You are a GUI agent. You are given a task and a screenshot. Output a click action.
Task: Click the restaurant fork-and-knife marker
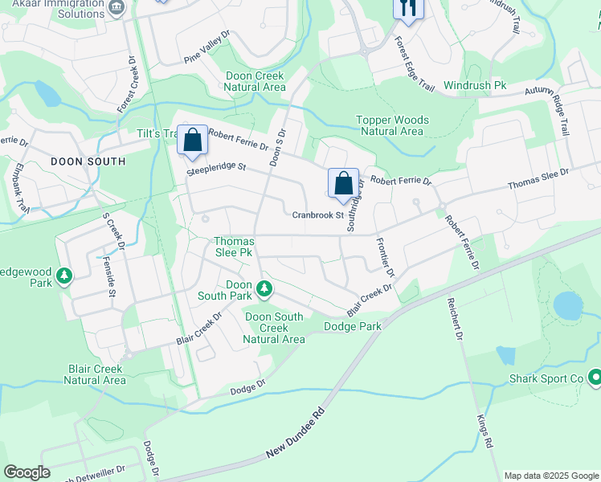(x=408, y=8)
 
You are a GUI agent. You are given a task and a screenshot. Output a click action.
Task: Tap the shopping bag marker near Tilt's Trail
(x=193, y=140)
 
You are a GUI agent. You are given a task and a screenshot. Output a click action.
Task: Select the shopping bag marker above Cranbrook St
(x=343, y=183)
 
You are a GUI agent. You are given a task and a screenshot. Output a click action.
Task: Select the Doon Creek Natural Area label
(x=255, y=81)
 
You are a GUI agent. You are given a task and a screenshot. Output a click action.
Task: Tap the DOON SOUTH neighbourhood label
(x=88, y=161)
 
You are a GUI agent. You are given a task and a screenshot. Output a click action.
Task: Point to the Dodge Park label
(x=352, y=326)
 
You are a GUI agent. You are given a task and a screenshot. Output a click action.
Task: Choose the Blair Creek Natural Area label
(x=96, y=374)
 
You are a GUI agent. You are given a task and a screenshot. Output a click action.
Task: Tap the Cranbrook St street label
(x=317, y=214)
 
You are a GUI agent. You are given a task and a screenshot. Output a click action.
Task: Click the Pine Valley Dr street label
(x=206, y=47)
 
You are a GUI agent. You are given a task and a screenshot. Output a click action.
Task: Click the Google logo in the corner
(x=27, y=472)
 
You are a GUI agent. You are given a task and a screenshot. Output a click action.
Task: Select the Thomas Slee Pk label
(x=234, y=247)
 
